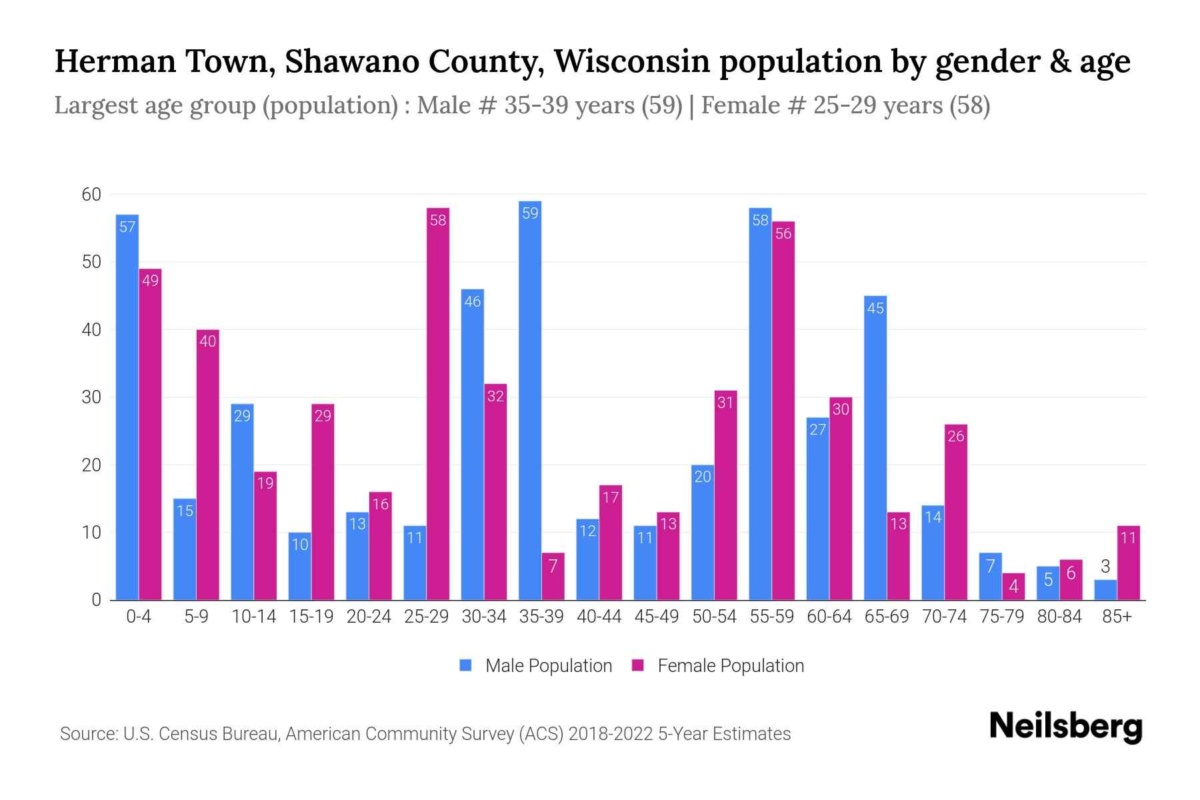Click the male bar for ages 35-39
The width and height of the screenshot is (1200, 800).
530,400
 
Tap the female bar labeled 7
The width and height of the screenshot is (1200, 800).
553,577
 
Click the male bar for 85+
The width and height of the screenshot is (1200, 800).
1105,590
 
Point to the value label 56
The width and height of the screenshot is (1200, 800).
783,234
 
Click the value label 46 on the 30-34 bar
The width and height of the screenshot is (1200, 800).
473,302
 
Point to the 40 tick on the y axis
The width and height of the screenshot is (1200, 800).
91,330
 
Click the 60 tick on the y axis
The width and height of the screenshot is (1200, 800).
91,195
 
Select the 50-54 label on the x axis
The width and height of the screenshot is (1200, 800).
714,617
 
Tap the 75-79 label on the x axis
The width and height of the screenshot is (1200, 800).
1001,617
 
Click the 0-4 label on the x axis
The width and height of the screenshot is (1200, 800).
139,617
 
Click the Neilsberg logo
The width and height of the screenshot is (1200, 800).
1065,727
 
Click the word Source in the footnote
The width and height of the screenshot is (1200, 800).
87,734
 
